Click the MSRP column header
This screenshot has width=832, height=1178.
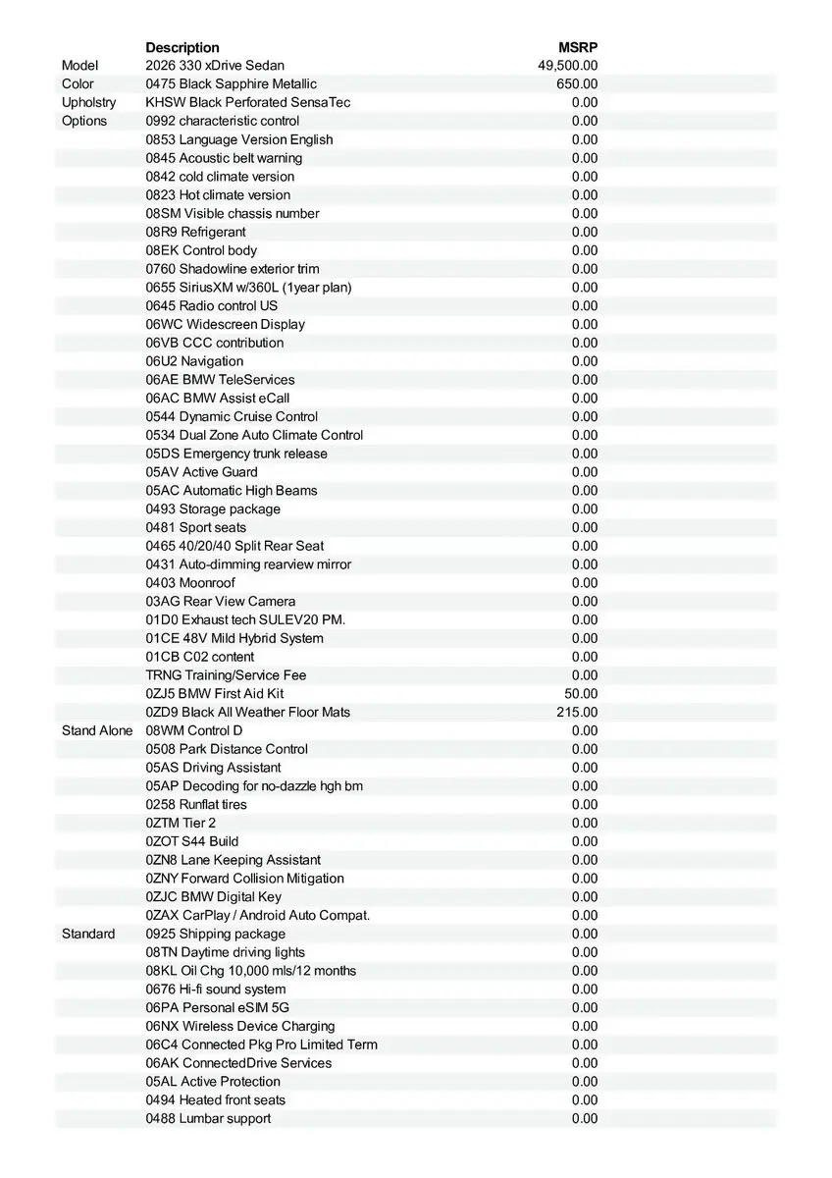tap(578, 47)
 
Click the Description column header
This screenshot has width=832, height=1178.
tap(182, 47)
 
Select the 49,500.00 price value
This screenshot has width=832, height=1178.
tap(568, 66)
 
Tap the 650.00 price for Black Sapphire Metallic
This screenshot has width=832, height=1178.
tap(577, 84)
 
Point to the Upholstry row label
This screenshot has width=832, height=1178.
tap(88, 102)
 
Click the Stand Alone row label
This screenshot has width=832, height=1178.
tap(97, 730)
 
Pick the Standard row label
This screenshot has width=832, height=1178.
tap(88, 934)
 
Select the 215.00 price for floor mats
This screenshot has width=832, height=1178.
tap(577, 712)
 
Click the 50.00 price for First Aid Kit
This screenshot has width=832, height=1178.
tap(581, 693)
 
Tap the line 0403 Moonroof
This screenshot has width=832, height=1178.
tap(190, 582)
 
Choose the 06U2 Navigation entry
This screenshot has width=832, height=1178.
tap(194, 361)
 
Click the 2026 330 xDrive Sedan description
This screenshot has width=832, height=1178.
tap(215, 66)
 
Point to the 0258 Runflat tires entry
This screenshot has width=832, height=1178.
tap(196, 804)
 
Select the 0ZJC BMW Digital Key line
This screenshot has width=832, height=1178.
tap(214, 896)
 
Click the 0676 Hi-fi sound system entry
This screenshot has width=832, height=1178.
tap(216, 989)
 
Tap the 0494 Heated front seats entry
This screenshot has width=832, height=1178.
tap(216, 1099)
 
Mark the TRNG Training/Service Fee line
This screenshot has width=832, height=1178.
tap(226, 674)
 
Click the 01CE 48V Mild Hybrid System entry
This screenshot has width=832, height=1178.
tap(234, 638)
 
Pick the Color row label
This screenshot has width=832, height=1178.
tap(78, 84)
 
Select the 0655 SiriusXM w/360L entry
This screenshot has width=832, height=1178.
tap(248, 287)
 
